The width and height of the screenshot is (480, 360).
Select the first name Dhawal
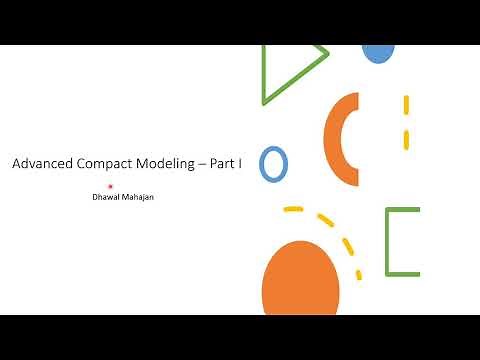coord(107,197)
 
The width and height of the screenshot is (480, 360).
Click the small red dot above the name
coord(110,186)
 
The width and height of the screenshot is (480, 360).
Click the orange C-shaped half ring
coord(337,140)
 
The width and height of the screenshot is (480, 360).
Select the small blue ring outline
coord(273,163)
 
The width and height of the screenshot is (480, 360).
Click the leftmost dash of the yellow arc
coord(293,209)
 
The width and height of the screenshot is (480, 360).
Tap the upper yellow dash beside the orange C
coord(406,104)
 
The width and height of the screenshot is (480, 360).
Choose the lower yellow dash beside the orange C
coord(406,138)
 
